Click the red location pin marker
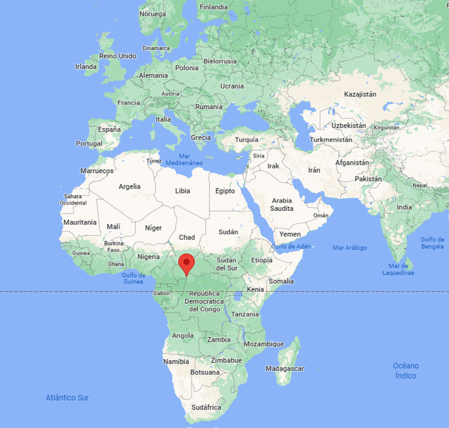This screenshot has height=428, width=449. (x=187, y=264)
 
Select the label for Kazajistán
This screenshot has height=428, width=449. (x=360, y=94)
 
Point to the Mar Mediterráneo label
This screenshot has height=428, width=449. (x=184, y=159)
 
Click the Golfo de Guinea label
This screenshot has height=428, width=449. (x=134, y=278)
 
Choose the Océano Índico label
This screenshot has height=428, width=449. (x=405, y=371)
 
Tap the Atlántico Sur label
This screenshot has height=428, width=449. (x=67, y=397)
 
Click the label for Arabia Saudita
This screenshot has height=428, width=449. (x=282, y=205)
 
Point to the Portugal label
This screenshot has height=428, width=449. (x=89, y=144)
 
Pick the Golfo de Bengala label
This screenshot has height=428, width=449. (x=432, y=242)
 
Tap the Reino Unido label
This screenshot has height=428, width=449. (x=118, y=56)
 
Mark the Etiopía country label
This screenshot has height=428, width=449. (x=261, y=260)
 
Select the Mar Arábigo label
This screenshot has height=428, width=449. (x=350, y=248)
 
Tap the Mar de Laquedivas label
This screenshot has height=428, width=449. (x=398, y=269)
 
